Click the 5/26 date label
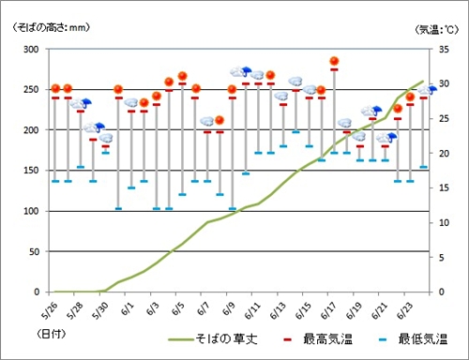click(x=50, y=307)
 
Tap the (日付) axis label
click(x=52, y=334)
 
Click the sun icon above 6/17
click(x=334, y=62)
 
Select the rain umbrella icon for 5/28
click(x=82, y=104)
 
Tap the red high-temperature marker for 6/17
click(x=334, y=69)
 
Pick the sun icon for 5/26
click(x=55, y=89)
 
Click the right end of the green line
click(x=423, y=82)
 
